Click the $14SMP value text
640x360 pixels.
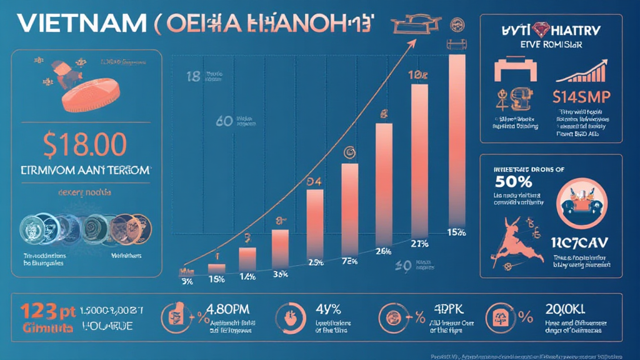581,97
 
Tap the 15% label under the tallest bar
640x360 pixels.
457,232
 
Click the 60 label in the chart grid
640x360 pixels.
224,121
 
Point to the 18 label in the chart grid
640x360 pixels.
193,77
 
